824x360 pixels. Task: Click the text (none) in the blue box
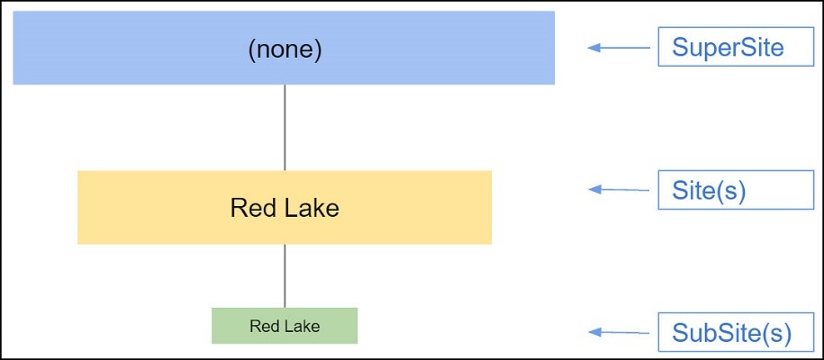[285, 51]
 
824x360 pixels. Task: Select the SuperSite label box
[736, 47]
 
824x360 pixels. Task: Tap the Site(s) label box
[736, 190]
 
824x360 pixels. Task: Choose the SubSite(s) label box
[736, 332]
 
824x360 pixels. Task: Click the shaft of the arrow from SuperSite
[625, 48]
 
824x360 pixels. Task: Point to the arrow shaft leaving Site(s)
[625, 190]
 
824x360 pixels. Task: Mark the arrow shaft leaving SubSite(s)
[625, 332]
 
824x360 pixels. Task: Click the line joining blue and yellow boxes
[285, 127]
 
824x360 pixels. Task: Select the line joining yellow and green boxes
[285, 276]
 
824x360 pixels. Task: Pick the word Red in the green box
[261, 327]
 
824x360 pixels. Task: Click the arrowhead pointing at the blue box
[593, 48]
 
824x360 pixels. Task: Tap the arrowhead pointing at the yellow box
[594, 189]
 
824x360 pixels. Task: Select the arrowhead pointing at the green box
[594, 331]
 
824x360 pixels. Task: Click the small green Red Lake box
[285, 326]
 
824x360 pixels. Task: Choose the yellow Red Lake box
[285, 207]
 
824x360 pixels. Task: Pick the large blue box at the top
[284, 48]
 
